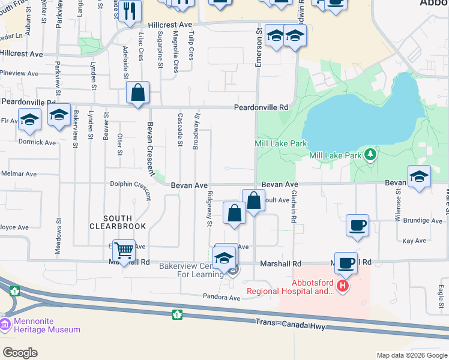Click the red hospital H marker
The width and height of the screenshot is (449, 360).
coord(342,286)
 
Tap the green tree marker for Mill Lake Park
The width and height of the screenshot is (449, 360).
coord(371,155)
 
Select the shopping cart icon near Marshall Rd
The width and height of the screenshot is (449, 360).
coord(124,250)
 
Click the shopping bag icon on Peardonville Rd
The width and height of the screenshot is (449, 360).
coord(138,93)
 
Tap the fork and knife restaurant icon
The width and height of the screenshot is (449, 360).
coord(130,10)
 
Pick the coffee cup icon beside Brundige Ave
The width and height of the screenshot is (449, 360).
coord(358,226)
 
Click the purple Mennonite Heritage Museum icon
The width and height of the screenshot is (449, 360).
coord(5,325)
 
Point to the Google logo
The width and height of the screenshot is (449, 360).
coord(20,353)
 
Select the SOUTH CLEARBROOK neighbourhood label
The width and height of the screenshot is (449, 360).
coord(118,222)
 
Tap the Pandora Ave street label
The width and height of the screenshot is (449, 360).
coord(221,297)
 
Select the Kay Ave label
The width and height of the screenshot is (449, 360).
coord(414,241)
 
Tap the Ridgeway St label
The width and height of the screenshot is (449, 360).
coord(209,209)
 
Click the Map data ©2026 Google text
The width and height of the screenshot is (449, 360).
coord(412,355)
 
